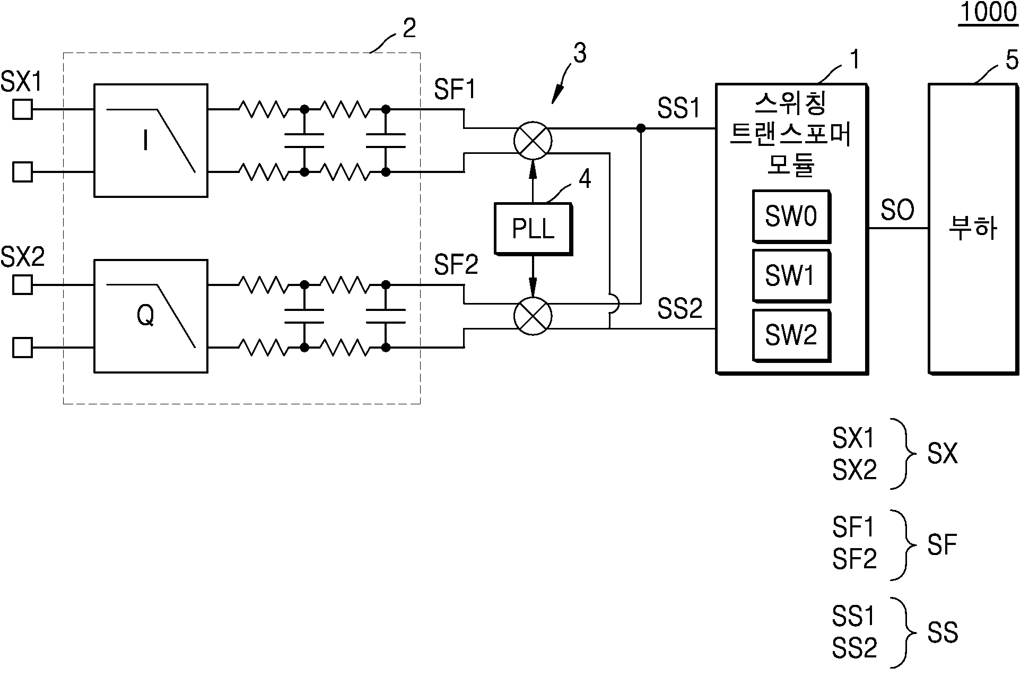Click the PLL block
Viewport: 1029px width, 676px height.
pyautogui.click(x=533, y=228)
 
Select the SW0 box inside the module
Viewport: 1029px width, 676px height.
pyautogui.click(x=791, y=216)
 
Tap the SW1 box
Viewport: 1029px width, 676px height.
pyautogui.click(x=791, y=275)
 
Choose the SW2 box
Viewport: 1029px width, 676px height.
pyautogui.click(x=791, y=335)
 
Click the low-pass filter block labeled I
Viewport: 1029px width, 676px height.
pyautogui.click(x=151, y=140)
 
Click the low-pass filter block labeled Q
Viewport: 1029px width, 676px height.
pyautogui.click(x=151, y=316)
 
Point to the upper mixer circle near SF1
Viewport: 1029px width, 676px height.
pyautogui.click(x=533, y=141)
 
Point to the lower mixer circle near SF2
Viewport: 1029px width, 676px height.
pyautogui.click(x=533, y=316)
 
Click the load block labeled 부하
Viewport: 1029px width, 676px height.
pyautogui.click(x=973, y=228)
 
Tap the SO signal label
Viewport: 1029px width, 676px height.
pyautogui.click(x=897, y=210)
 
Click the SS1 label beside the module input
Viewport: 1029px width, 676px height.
pyautogui.click(x=679, y=109)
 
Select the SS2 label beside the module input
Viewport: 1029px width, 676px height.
pyautogui.click(x=679, y=308)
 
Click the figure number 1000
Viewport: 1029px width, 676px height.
pyautogui.click(x=988, y=12)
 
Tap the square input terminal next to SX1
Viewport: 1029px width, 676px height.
pyautogui.click(x=22, y=110)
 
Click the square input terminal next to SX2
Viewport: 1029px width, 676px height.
pyautogui.click(x=22, y=285)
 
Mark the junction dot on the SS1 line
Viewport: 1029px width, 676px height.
pyautogui.click(x=641, y=128)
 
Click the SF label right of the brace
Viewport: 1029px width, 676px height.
pyautogui.click(x=941, y=544)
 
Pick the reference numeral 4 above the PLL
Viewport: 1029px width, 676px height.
pyautogui.click(x=584, y=179)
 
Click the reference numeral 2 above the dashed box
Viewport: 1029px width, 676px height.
pyautogui.click(x=409, y=28)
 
